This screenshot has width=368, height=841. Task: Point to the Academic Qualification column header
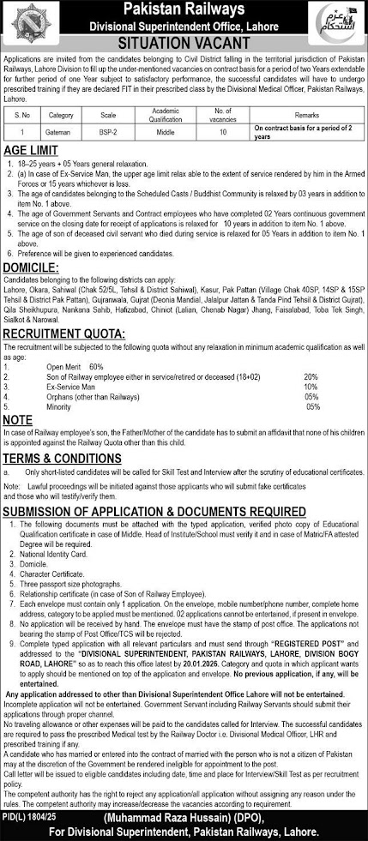tap(166, 111)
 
